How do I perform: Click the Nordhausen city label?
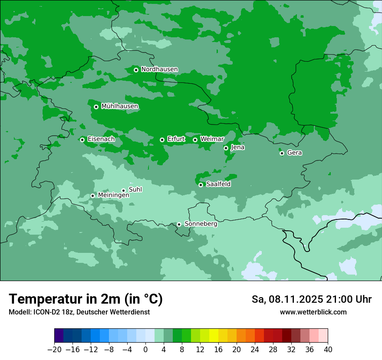tap(159, 69)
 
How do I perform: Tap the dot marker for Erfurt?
tap(162, 140)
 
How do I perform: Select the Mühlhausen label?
tap(119, 106)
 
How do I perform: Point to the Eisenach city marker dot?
tap(82, 140)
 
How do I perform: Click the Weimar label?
tap(212, 139)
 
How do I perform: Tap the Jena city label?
tap(237, 147)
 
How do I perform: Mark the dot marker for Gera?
tap(282, 153)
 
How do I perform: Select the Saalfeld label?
tap(218, 184)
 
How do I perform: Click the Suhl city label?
tap(135, 190)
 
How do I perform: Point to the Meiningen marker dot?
tap(92, 196)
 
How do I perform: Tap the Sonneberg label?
tap(201, 224)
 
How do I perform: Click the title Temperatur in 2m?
tap(86, 299)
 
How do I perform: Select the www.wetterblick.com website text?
tap(313, 312)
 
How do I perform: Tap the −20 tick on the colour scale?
tap(55, 350)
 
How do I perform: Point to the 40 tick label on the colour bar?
tap(328, 350)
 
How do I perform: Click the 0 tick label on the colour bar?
tap(145, 350)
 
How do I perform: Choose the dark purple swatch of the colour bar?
tap(59, 336)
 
